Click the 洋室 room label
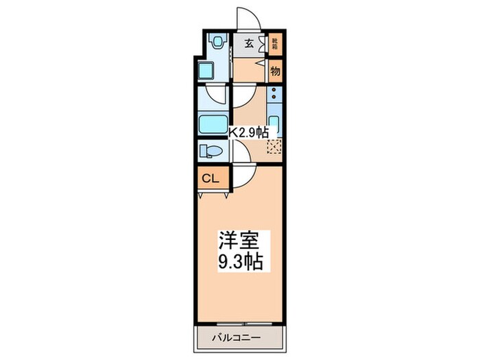click(238, 241)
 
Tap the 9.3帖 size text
click(240, 263)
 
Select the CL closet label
click(210, 179)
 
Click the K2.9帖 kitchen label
click(248, 133)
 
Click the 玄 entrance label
click(248, 43)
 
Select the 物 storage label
click(275, 71)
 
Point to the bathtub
click(213, 125)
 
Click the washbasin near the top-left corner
click(219, 42)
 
